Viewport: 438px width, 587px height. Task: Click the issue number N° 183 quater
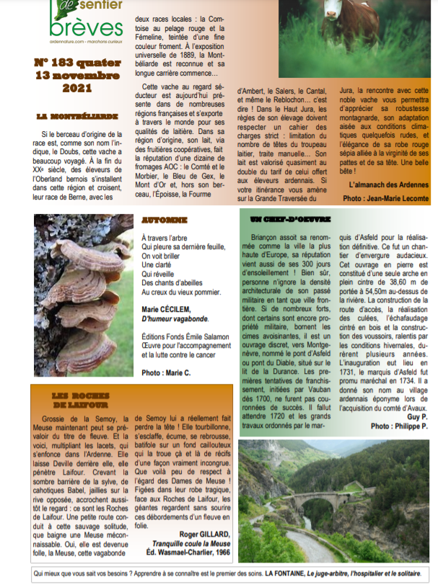coord(76,63)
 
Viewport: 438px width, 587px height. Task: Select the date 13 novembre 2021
coord(76,82)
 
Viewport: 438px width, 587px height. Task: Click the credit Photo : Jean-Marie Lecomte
coord(385,197)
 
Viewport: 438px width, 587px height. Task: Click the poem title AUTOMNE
coord(165,220)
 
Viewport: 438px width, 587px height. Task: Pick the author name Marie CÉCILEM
coord(170,309)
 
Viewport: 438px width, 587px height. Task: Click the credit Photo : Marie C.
coord(167,372)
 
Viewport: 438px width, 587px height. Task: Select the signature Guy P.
coord(417,416)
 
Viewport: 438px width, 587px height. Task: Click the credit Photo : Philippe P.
coord(399,426)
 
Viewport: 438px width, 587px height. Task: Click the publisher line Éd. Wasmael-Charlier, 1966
coord(188,553)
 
